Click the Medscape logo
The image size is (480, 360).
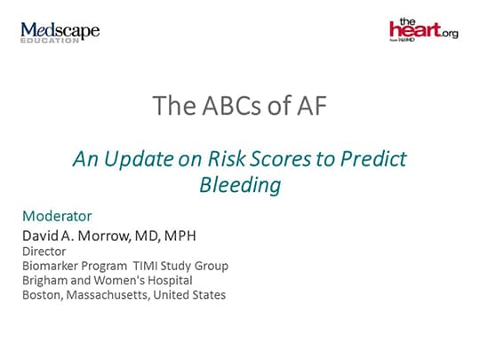(x=60, y=30)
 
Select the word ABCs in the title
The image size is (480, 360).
(x=219, y=106)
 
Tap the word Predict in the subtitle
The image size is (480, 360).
(x=373, y=159)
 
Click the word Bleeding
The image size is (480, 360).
(x=240, y=185)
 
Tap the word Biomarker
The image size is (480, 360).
(x=53, y=266)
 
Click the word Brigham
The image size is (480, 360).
(x=46, y=280)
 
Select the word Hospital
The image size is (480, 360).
(x=168, y=280)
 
